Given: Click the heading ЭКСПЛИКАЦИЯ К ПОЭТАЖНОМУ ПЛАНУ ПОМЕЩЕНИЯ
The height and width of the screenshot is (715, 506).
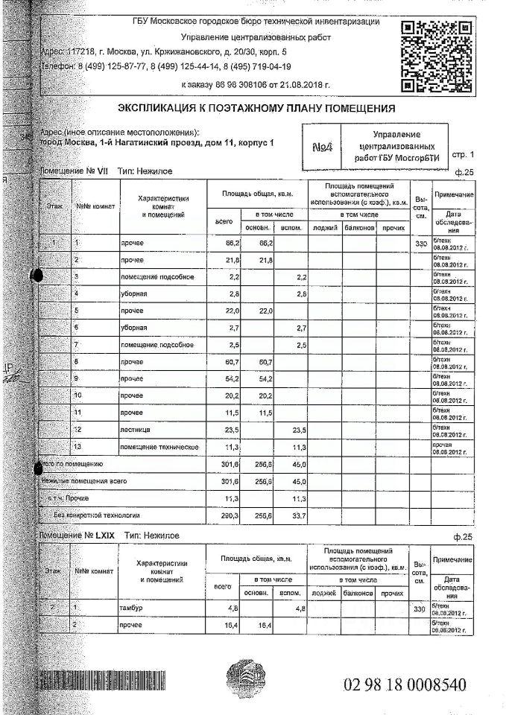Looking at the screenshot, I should coord(256,109).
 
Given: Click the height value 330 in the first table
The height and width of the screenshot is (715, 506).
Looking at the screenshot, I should coord(421,244).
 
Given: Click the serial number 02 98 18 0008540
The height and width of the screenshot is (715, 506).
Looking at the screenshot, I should coord(405,684).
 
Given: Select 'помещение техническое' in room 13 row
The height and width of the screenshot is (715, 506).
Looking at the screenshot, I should coord(159,446).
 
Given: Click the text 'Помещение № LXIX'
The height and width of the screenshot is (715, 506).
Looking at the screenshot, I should coord(78,535).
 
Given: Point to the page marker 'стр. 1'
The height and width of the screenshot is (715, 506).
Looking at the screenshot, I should coord(462,154).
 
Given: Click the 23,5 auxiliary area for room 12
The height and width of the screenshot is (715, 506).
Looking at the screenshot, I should coord(298,430).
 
